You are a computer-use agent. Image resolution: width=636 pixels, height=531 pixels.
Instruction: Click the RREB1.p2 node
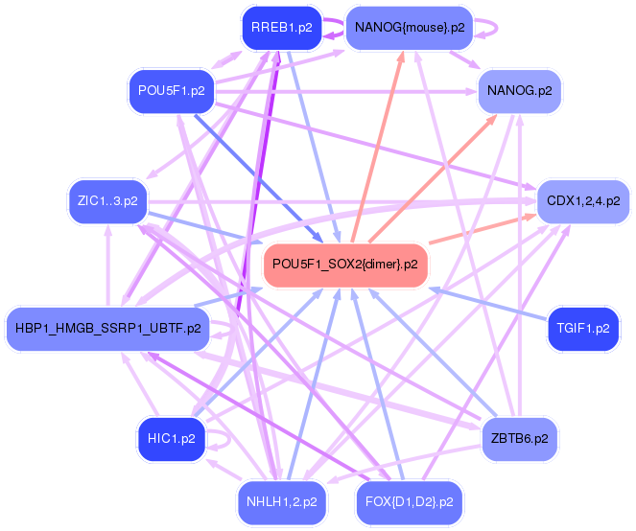click(282, 28)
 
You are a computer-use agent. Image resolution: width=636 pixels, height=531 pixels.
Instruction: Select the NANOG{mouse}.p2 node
click(410, 28)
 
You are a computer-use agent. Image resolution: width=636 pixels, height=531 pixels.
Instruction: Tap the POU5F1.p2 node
click(171, 91)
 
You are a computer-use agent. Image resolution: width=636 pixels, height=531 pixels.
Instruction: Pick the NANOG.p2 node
click(520, 91)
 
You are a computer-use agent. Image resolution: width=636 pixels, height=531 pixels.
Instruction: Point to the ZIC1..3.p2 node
click(107, 201)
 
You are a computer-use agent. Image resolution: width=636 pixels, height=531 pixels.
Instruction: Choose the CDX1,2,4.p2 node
click(583, 201)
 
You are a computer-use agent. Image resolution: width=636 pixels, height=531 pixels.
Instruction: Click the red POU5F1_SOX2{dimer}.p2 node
click(345, 265)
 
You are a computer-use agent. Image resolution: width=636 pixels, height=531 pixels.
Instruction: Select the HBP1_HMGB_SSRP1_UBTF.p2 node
click(107, 329)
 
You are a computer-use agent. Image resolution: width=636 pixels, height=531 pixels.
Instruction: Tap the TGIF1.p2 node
click(583, 329)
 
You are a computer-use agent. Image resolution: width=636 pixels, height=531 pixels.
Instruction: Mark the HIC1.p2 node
click(172, 439)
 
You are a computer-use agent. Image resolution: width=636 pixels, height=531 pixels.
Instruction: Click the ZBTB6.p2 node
click(520, 439)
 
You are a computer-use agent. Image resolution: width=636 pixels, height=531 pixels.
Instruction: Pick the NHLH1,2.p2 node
click(282, 502)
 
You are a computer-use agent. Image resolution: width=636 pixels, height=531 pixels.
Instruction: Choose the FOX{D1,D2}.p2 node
click(410, 502)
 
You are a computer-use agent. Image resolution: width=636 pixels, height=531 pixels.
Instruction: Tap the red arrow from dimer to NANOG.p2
click(433, 178)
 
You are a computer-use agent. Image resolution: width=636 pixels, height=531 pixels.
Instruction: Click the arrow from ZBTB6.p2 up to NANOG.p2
click(520, 265)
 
